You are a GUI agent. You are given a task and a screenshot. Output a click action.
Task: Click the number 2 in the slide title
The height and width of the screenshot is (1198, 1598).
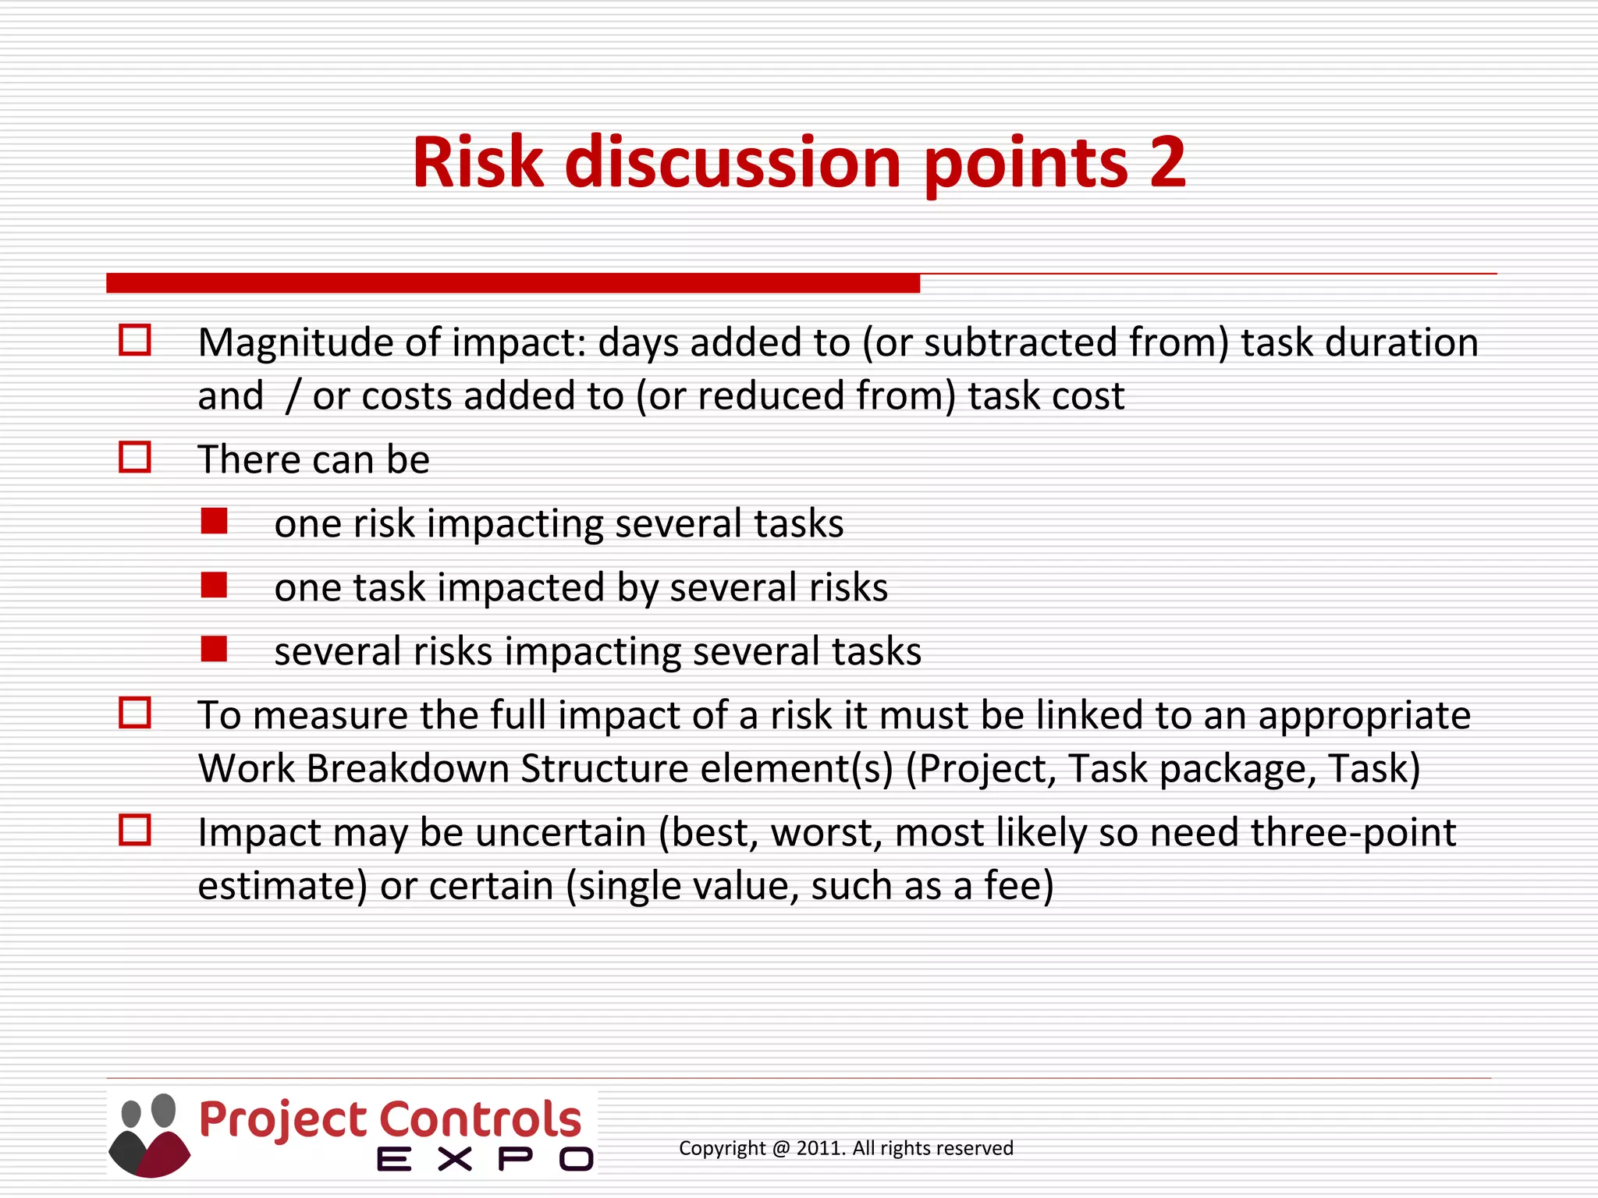pyautogui.click(x=1167, y=162)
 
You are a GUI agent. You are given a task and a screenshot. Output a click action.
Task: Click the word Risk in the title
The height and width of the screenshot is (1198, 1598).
pyautogui.click(x=478, y=162)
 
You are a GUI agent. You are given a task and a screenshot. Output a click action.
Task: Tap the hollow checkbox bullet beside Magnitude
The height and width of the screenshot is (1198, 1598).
pyautogui.click(x=134, y=340)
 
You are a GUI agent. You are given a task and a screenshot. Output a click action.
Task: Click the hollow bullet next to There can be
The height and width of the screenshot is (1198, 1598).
pyautogui.click(x=134, y=457)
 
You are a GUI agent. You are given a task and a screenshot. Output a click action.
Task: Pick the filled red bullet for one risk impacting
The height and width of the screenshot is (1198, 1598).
pyautogui.click(x=214, y=521)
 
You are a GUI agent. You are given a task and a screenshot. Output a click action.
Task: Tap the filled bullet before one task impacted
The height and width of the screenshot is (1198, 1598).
pyautogui.click(x=214, y=585)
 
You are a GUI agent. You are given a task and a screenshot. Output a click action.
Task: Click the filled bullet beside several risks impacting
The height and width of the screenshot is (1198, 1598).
pyautogui.click(x=214, y=649)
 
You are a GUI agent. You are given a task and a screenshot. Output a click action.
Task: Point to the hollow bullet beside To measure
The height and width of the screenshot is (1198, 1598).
pyautogui.click(x=134, y=712)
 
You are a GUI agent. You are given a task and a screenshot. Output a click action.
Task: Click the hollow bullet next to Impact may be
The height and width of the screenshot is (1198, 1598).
pyautogui.click(x=134, y=830)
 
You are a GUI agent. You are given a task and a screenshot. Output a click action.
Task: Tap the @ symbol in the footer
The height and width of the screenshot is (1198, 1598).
pyautogui.click(x=780, y=1148)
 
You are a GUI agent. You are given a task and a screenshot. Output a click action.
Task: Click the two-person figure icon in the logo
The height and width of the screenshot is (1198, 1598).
pyautogui.click(x=149, y=1135)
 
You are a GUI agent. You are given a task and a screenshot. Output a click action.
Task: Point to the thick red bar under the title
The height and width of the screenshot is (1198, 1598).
pyautogui.click(x=513, y=283)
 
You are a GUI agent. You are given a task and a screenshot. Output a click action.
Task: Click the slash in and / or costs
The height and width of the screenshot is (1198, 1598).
pyautogui.click(x=292, y=396)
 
